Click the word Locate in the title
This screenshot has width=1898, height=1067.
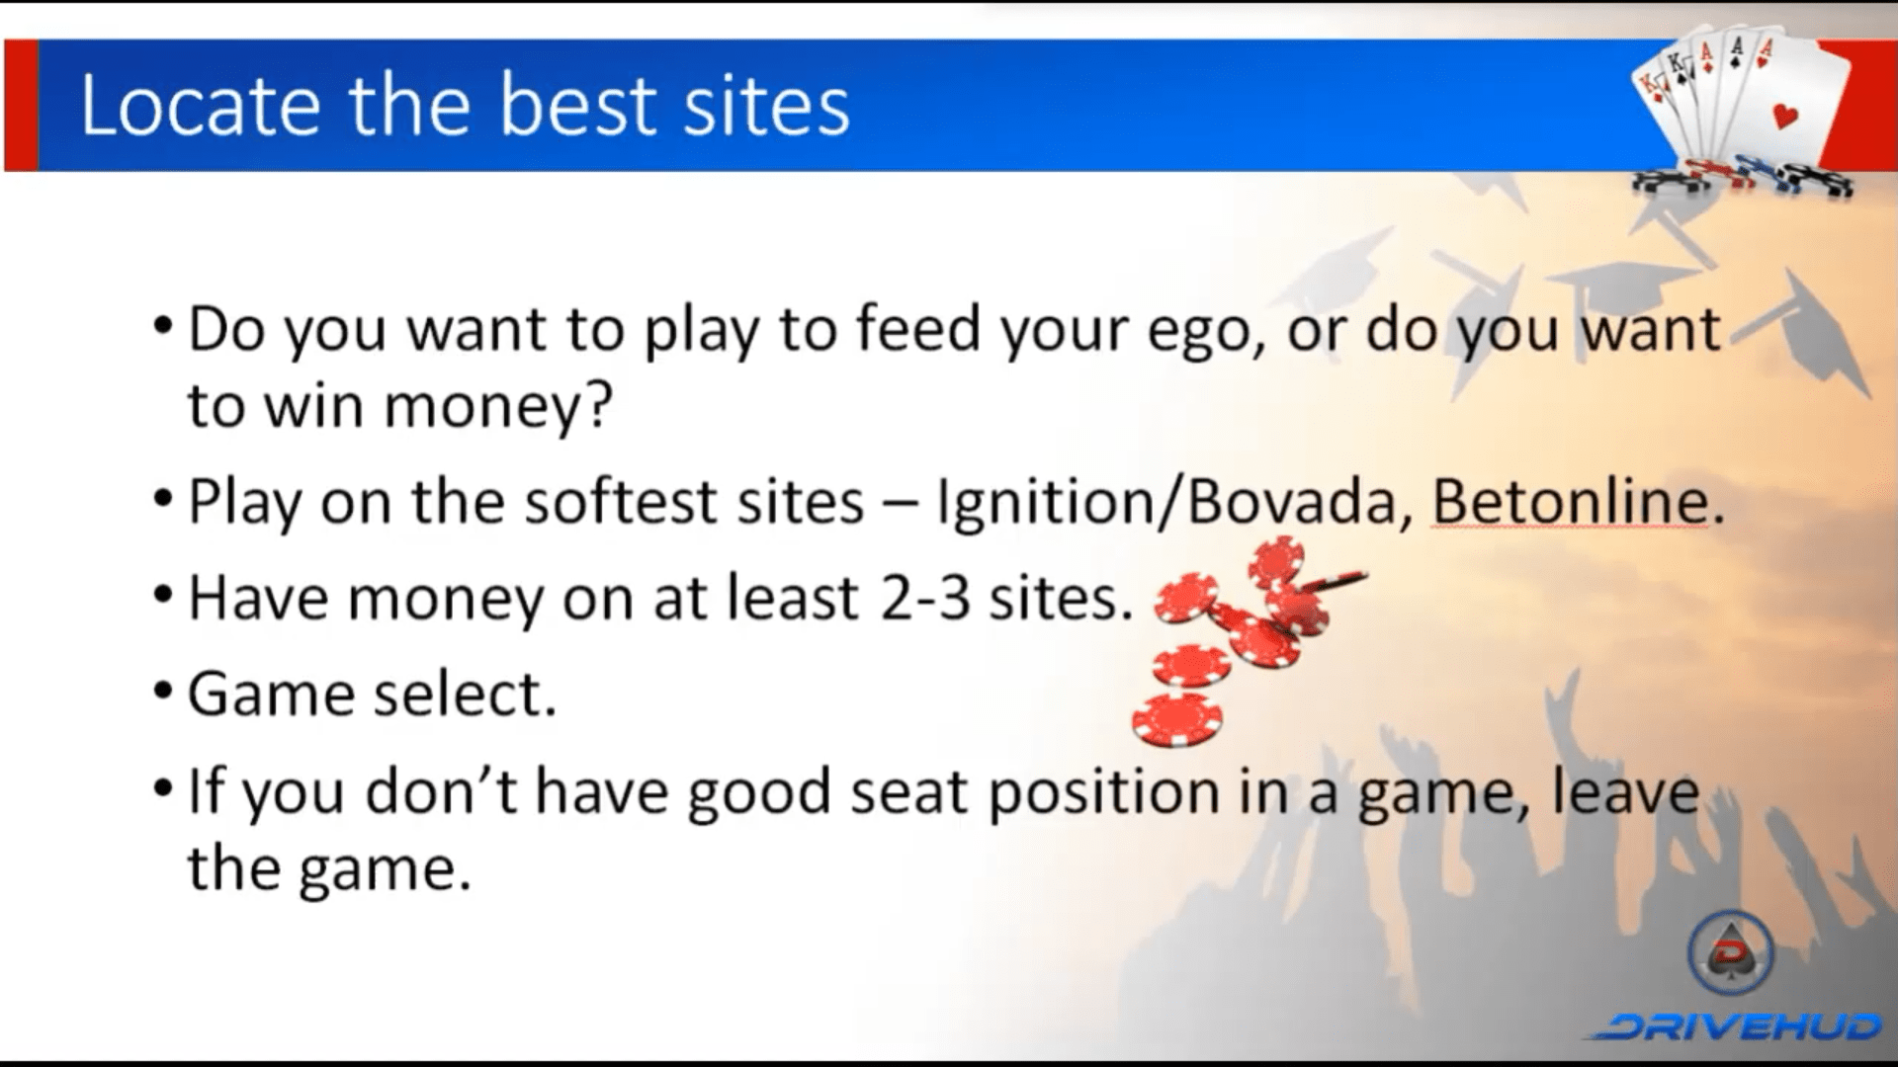[x=200, y=105]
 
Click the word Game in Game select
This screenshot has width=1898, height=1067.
[x=270, y=694]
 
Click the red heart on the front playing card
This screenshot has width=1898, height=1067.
[x=1786, y=116]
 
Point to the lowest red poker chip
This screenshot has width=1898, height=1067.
[x=1177, y=719]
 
